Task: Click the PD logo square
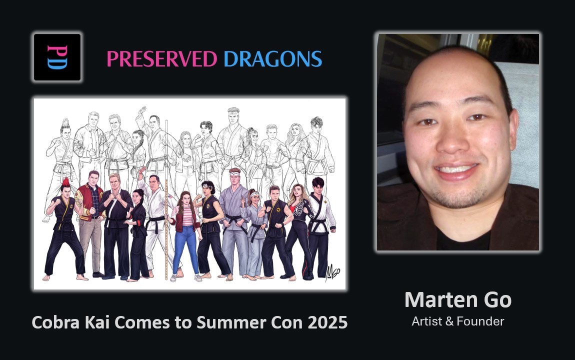coord(57,57)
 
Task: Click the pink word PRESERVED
coord(161,59)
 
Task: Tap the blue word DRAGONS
coord(272,59)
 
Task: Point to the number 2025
coord(327,322)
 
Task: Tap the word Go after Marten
coord(497,300)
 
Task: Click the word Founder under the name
coord(480,321)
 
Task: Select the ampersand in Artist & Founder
coord(449,321)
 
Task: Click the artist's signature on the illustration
coord(332,272)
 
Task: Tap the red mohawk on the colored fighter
coord(66,182)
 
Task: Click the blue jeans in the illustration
coord(186,249)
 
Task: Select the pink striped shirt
coord(187,216)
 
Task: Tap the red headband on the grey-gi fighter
coord(234,171)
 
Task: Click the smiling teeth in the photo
coord(456,169)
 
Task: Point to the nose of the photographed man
coord(453,141)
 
